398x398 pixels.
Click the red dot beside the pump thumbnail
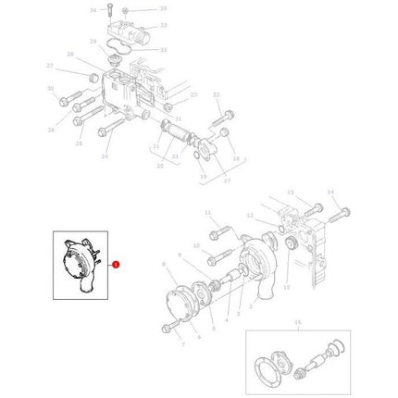[x=116, y=266]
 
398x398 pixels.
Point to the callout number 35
[x=163, y=7]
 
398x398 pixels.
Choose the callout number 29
[x=93, y=42]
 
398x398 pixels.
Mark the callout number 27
[x=50, y=65]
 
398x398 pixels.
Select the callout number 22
[x=216, y=94]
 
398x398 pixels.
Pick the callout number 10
[x=195, y=246]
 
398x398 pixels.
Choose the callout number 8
[x=163, y=265]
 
